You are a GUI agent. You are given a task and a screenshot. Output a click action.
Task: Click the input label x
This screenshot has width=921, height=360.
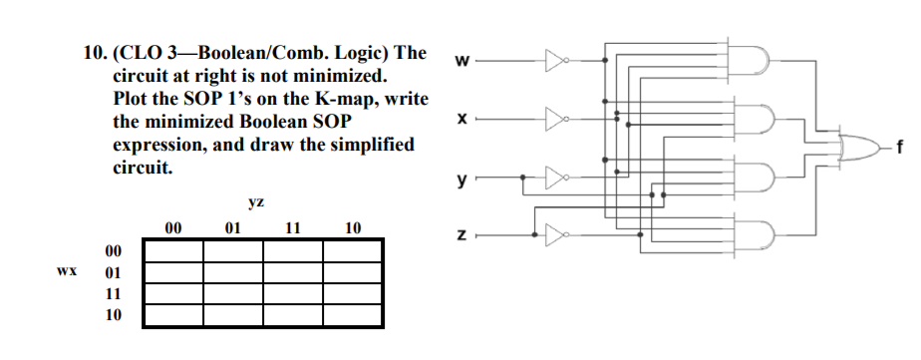(x=460, y=120)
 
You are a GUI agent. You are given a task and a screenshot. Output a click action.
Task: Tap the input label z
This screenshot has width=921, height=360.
(x=460, y=236)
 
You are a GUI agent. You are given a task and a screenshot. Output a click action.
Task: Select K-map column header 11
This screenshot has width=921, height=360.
(x=293, y=228)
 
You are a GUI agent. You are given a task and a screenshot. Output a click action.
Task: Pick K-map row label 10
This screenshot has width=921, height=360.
(x=113, y=315)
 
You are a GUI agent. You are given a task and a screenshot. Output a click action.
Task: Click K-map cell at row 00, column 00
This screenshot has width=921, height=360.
(x=173, y=250)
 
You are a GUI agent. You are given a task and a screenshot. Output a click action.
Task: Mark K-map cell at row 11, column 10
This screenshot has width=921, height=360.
(x=352, y=294)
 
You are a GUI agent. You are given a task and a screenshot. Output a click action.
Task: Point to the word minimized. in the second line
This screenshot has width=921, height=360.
(x=332, y=76)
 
